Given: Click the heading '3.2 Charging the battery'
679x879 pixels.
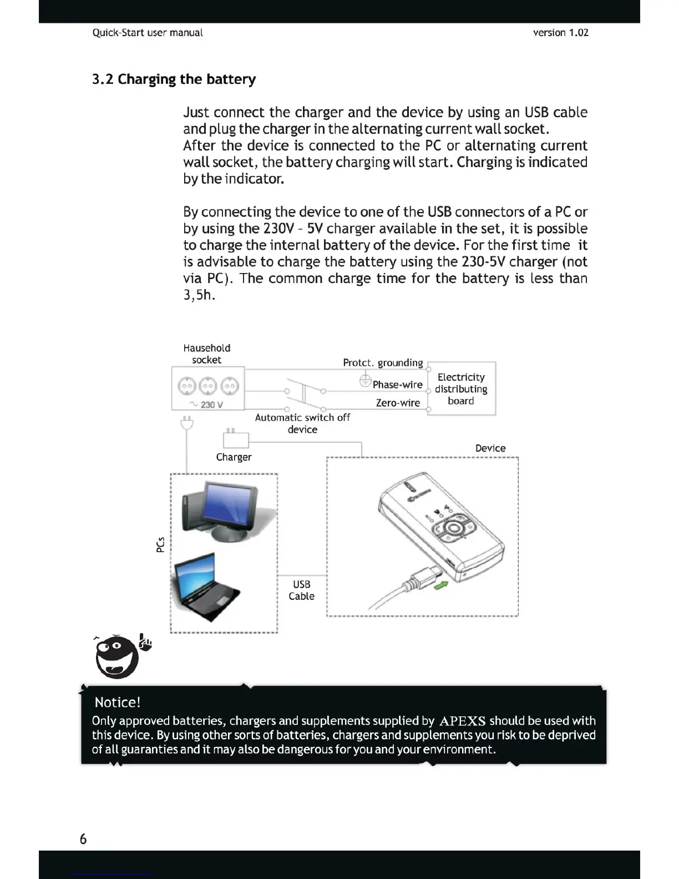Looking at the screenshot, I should [174, 79].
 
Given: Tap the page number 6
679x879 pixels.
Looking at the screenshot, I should [83, 838].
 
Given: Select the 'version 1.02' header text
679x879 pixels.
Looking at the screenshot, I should [560, 33].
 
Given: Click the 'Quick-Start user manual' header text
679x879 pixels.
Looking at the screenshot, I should [148, 33].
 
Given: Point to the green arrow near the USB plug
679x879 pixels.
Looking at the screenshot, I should [441, 585].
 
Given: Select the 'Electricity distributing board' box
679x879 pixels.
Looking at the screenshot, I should [461, 389].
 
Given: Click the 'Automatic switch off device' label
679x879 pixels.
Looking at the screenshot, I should [302, 423].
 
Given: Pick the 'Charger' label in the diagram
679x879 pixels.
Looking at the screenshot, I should [234, 457].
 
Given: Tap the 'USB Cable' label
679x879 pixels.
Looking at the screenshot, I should [301, 590].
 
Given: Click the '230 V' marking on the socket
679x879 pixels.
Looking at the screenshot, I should [208, 405].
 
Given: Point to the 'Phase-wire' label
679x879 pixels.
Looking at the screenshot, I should [397, 385].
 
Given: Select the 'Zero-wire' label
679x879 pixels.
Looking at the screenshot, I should [398, 403].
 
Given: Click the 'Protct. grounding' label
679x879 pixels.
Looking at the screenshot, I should [383, 363].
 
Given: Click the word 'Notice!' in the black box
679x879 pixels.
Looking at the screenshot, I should [118, 703].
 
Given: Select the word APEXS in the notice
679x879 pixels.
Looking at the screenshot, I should [462, 721].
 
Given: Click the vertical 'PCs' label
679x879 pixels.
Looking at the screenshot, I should [160, 544].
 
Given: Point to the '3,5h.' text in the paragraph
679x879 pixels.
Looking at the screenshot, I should [199, 295].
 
